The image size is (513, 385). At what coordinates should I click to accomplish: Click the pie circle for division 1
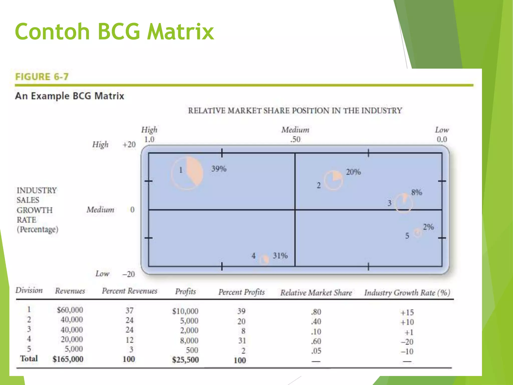[x=187, y=173]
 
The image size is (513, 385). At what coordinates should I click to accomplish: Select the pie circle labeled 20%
[x=333, y=180]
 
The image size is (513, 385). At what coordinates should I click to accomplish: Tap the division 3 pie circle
[x=404, y=203]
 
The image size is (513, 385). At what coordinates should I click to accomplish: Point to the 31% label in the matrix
[x=280, y=256]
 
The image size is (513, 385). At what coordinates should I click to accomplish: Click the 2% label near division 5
[x=428, y=227]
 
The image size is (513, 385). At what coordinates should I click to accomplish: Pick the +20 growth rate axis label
[x=129, y=145]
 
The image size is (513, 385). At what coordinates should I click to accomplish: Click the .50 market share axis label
[x=295, y=139]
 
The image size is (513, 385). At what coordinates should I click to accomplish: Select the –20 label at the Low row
[x=129, y=274]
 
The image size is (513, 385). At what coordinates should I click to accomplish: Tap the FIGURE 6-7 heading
[x=42, y=77]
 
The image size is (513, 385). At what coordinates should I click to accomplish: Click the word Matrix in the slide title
[x=180, y=32]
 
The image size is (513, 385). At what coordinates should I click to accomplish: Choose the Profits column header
[x=185, y=291]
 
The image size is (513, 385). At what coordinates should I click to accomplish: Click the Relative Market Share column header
[x=316, y=293]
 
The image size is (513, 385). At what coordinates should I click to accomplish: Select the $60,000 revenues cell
[x=70, y=310]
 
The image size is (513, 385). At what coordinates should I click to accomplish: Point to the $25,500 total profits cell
[x=185, y=360]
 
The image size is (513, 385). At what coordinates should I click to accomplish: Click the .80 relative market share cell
[x=316, y=312]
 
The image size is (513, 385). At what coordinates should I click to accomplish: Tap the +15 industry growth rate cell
[x=407, y=313]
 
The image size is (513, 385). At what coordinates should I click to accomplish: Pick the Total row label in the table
[x=29, y=358]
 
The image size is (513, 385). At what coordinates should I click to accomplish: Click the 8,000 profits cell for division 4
[x=189, y=340]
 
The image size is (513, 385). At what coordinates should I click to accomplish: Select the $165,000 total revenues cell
[x=68, y=359]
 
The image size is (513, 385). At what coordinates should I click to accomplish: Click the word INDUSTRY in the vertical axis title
[x=37, y=190]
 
